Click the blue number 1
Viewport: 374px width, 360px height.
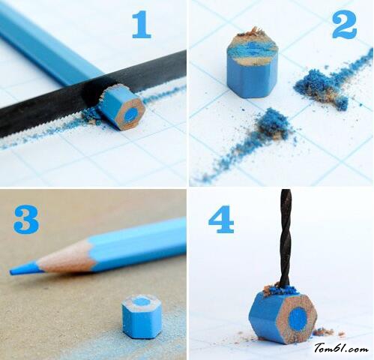[142, 25]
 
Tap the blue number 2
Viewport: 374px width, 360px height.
[344, 25]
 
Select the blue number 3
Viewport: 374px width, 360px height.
[26, 219]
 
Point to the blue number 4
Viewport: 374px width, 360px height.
[221, 219]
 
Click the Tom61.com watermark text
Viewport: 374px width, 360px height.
[341, 348]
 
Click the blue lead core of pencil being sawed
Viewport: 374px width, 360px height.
[130, 115]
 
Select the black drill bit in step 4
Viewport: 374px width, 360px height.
[286, 238]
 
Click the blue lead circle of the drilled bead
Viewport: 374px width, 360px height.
[298, 319]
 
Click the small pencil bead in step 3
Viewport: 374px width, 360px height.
[142, 316]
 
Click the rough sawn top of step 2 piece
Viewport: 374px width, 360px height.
[253, 47]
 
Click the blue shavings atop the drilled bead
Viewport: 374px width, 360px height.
[280, 290]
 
